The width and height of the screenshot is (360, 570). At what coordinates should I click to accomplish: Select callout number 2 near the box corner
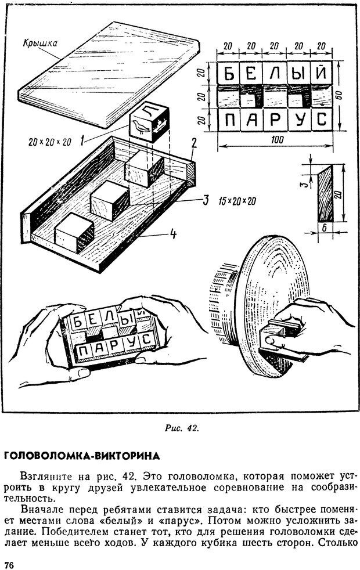(x=195, y=142)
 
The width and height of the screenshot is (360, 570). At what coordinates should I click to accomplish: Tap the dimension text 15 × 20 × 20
(x=237, y=201)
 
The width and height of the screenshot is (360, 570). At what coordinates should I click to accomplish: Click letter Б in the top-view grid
(x=231, y=74)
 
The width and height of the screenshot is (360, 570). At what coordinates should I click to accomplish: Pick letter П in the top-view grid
(x=231, y=120)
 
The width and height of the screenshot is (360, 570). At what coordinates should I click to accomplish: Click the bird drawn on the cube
(x=139, y=127)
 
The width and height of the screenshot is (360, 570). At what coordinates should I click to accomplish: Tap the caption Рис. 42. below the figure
(x=182, y=428)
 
